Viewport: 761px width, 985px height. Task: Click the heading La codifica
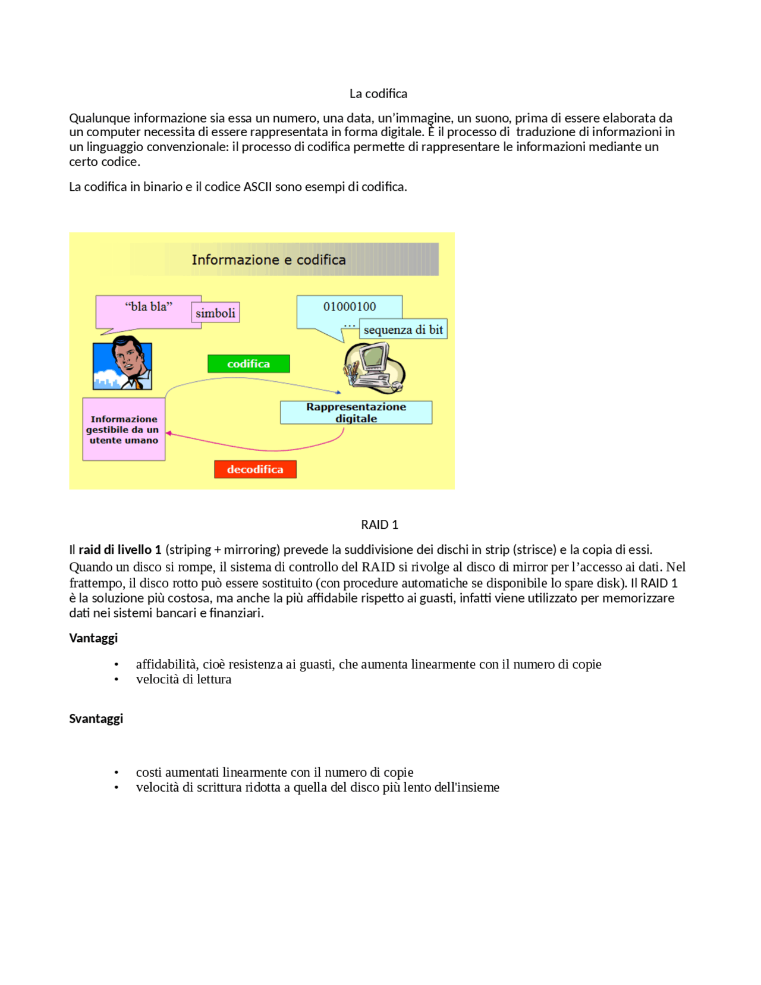click(378, 93)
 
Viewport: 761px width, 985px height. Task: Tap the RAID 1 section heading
click(379, 525)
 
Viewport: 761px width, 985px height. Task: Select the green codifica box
click(249, 364)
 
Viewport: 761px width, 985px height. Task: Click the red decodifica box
click(255, 469)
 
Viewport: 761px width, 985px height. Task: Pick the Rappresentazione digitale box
click(356, 412)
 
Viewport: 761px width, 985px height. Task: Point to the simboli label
click(215, 313)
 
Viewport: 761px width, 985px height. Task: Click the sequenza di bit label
click(403, 330)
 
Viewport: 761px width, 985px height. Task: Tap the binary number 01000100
click(350, 306)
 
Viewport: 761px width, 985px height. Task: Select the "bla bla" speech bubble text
click(149, 306)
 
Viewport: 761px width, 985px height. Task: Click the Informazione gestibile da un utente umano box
click(124, 429)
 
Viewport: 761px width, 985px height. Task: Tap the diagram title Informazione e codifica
click(269, 260)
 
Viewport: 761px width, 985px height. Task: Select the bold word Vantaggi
click(93, 638)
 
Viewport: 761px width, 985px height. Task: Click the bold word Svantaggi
click(96, 719)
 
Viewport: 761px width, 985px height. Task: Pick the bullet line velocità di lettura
click(184, 679)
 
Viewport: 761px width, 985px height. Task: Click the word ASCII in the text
click(257, 187)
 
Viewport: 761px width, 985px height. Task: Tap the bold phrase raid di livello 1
click(120, 550)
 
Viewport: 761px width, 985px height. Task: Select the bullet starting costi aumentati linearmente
click(275, 772)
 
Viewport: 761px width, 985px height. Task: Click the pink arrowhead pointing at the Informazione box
click(169, 434)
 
